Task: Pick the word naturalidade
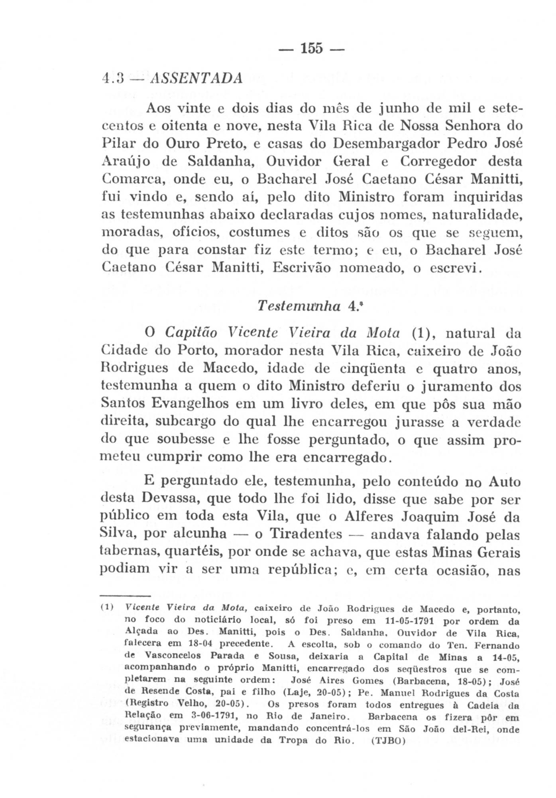[x=477, y=215]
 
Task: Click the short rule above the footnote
[x=124, y=596]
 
